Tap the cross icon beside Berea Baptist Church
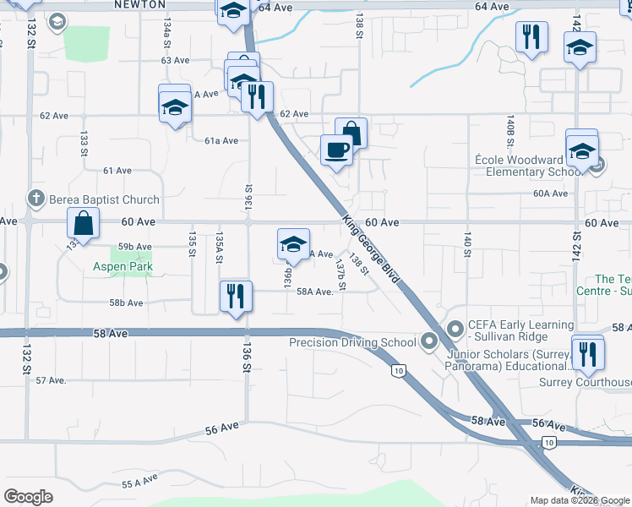pos(35,199)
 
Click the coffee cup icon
pos(336,150)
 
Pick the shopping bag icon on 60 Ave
pos(84,225)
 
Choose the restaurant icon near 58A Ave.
pos(235,297)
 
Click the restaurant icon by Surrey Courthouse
pos(586,352)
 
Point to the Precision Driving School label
pos(351,342)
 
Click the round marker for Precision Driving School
pos(428,342)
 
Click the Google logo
pos(29,496)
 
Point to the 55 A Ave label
pos(140,482)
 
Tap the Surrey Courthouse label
pos(585,382)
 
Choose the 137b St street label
pos(341,275)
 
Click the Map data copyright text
pos(580,500)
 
